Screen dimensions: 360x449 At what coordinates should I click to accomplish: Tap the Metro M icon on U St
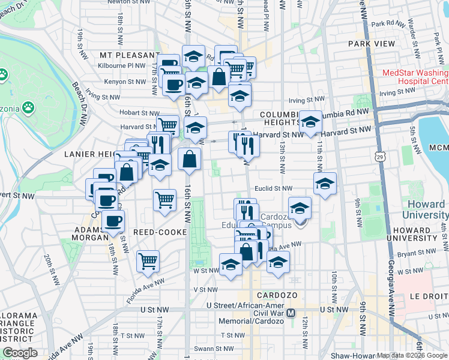(x=291, y=313)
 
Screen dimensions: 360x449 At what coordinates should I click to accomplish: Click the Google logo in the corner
(x=20, y=353)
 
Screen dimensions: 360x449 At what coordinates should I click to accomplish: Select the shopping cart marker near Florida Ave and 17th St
(x=148, y=261)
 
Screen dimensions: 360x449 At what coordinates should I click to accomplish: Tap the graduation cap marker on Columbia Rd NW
(x=310, y=122)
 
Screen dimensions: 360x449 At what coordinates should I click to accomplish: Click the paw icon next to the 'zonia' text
(x=28, y=107)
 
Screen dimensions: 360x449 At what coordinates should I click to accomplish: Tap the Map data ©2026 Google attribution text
(x=412, y=355)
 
